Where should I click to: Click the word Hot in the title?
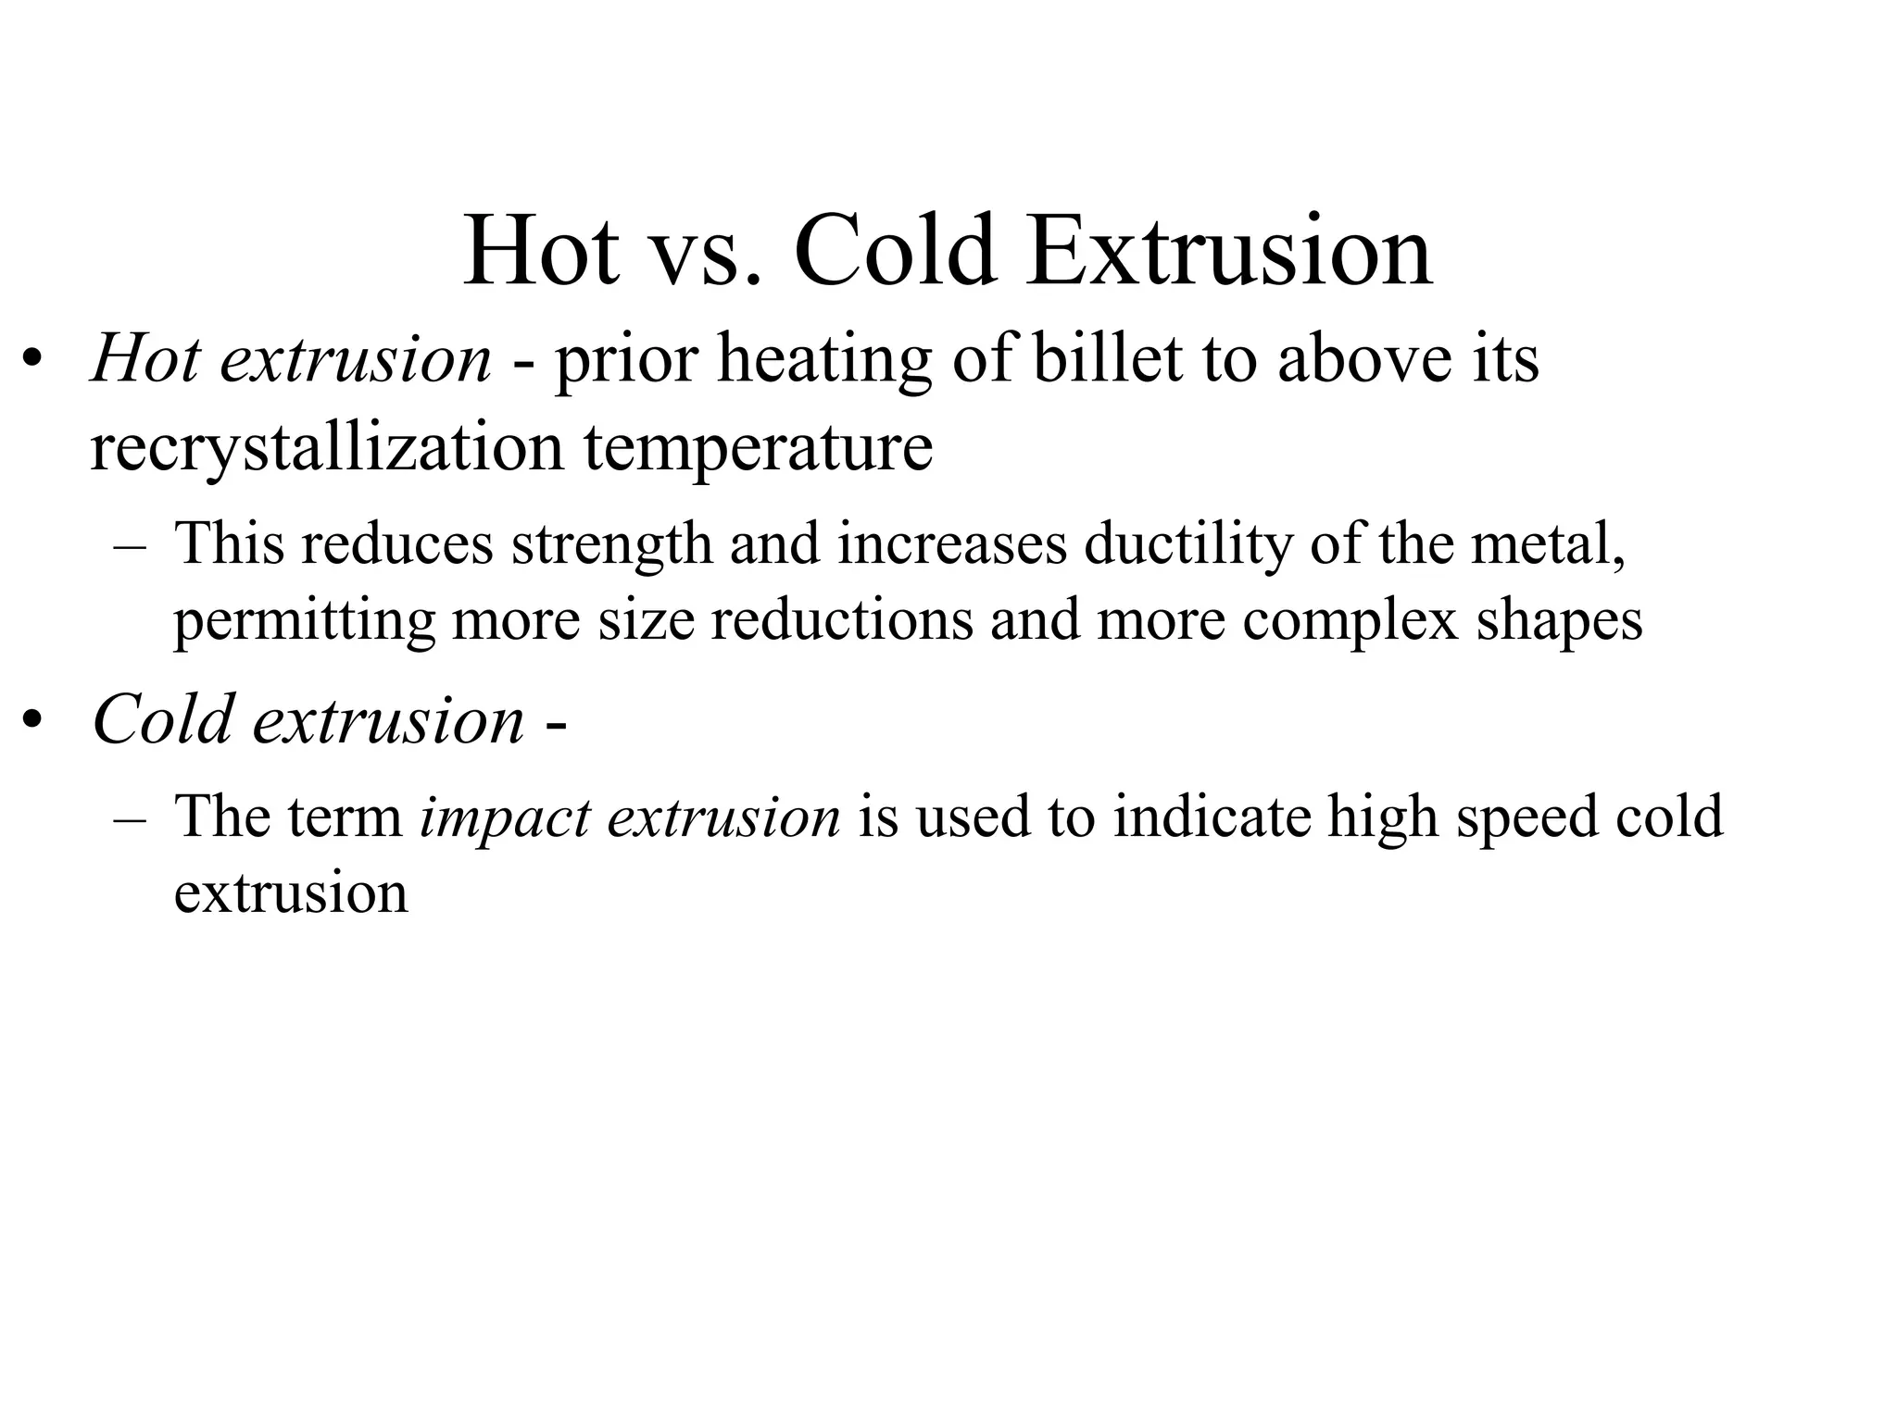(x=542, y=252)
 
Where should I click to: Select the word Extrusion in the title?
(x=1229, y=252)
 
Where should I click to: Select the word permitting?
(x=304, y=621)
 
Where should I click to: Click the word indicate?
(x=1212, y=817)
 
